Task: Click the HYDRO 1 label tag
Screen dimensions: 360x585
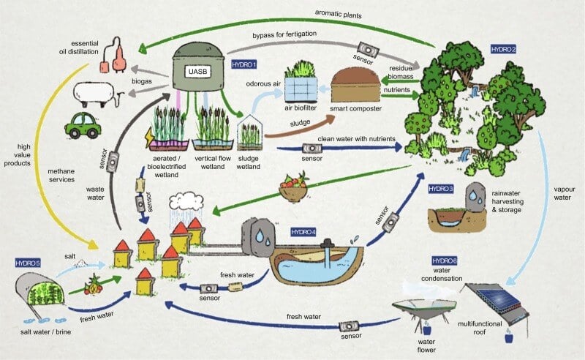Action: coord(244,65)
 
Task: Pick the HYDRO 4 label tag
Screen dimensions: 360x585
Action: coord(303,232)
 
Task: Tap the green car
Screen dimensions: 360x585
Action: coord(82,125)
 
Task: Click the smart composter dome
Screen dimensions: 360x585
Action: coord(358,86)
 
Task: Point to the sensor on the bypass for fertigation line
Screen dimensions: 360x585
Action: coord(371,50)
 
